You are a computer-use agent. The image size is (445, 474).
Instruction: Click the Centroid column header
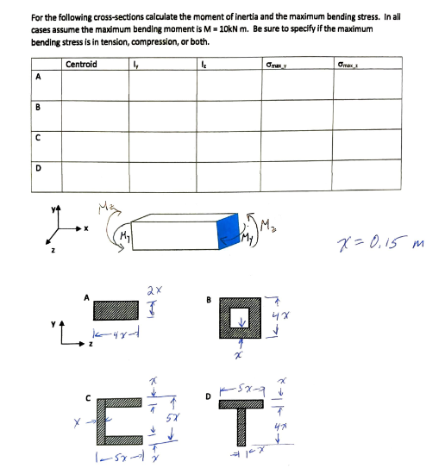click(81, 64)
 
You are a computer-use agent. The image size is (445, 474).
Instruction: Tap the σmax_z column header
click(352, 64)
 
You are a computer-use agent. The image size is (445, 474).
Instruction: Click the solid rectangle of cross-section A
click(116, 309)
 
